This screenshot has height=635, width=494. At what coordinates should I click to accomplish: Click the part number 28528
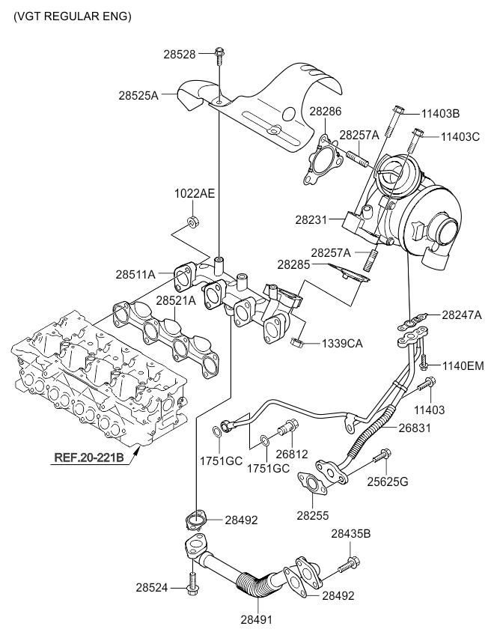pyautogui.click(x=180, y=54)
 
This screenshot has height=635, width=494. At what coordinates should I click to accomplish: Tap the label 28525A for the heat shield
pyautogui.click(x=138, y=95)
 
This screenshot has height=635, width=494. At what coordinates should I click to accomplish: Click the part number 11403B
pyautogui.click(x=440, y=114)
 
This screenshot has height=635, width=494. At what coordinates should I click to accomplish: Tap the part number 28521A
pyautogui.click(x=175, y=300)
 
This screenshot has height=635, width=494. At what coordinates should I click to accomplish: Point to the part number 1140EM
pyautogui.click(x=462, y=365)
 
